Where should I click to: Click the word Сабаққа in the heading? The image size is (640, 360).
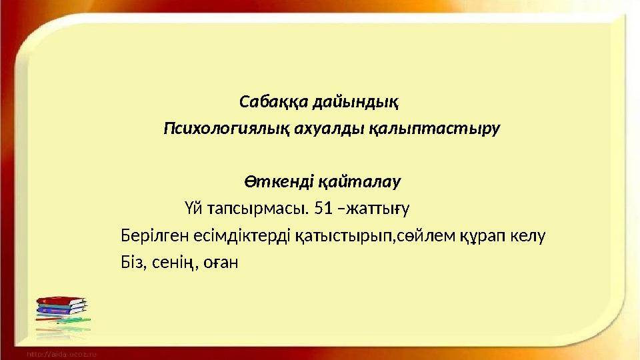[x=265, y=102]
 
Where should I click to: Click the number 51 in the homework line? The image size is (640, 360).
[x=323, y=209]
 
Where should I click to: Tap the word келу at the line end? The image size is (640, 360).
[x=532, y=235]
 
